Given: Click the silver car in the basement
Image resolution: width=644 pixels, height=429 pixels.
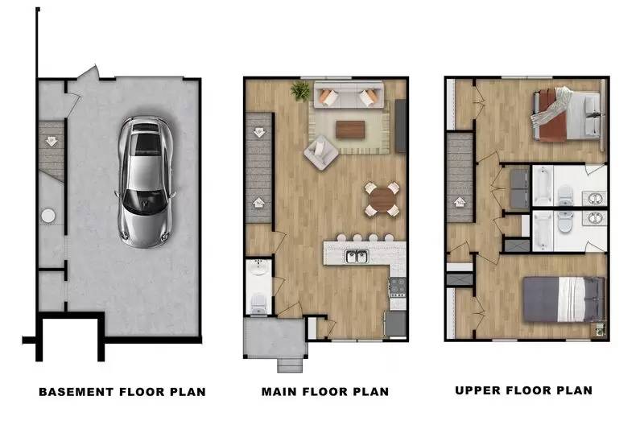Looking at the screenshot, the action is (x=144, y=182).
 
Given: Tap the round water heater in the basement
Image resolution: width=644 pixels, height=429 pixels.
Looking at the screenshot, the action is (x=48, y=216).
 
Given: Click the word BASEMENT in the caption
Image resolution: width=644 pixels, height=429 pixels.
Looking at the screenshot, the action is (x=76, y=392).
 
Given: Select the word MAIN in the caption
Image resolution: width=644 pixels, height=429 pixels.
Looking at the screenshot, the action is (x=279, y=392).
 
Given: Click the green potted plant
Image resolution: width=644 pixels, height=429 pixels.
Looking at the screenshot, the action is (x=300, y=91).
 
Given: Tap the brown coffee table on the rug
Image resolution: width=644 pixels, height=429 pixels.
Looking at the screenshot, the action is (x=350, y=130).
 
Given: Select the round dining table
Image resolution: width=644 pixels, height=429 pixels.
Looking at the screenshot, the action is (x=382, y=200).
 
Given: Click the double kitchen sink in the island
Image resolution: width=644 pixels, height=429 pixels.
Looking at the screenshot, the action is (x=357, y=257).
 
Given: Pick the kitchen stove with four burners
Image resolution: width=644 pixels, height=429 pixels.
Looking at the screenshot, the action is (x=397, y=287).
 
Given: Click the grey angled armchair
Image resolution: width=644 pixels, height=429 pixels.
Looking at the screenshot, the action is (x=320, y=152).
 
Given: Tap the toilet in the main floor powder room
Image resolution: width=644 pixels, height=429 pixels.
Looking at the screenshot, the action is (x=258, y=303).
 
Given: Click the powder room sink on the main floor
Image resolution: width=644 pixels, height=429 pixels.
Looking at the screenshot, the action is (x=258, y=267).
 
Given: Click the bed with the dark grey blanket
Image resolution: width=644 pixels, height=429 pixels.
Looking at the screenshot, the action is (x=563, y=299).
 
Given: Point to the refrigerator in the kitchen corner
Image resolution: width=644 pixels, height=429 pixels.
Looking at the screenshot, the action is (x=395, y=324).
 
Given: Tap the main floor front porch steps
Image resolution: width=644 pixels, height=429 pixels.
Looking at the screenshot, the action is (x=290, y=365).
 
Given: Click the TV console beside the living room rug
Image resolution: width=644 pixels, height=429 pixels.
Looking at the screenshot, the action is (x=400, y=126).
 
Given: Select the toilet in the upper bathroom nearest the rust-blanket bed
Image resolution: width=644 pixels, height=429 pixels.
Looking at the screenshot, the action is (x=565, y=196).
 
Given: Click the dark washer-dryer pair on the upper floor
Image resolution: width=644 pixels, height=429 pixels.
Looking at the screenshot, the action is (x=520, y=189).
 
